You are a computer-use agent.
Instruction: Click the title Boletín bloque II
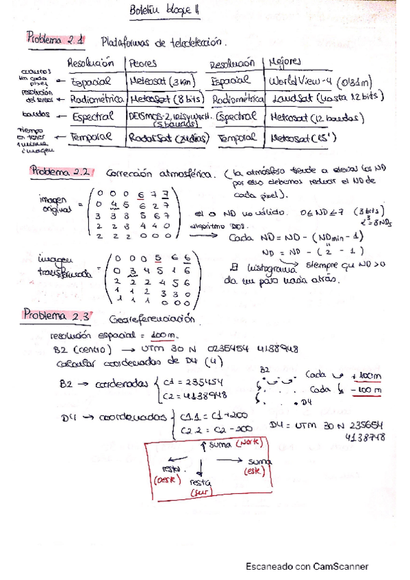click(164, 11)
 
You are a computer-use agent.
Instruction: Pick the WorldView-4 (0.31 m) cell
click(322, 81)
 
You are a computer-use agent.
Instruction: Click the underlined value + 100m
click(365, 376)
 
